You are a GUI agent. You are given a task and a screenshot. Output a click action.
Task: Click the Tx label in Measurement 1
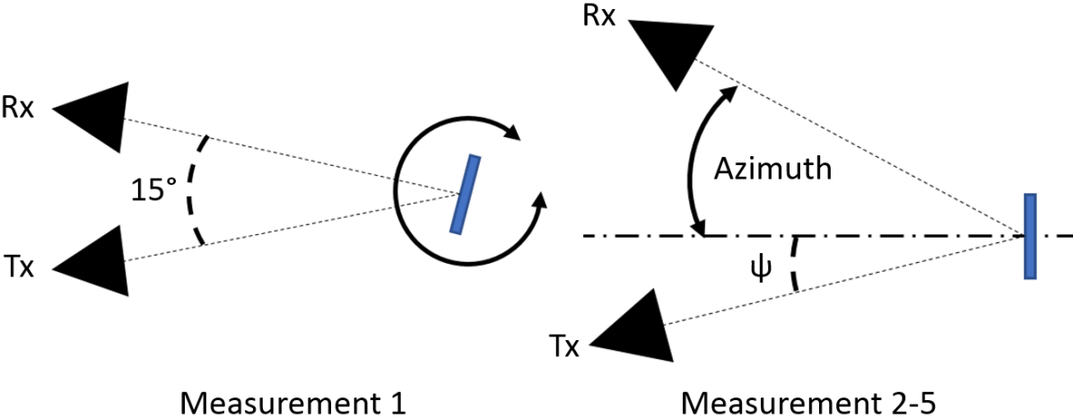(18, 267)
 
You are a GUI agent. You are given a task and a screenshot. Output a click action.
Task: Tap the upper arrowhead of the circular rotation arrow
(512, 135)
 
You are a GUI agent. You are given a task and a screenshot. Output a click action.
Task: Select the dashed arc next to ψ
(793, 265)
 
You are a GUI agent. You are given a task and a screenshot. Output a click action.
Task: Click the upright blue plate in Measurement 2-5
(1031, 236)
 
